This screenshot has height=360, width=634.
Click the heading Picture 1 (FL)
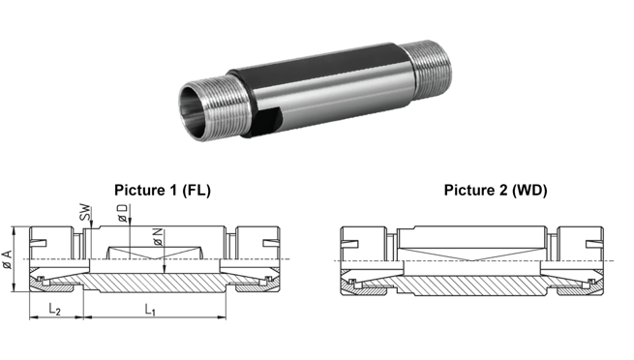coord(163,190)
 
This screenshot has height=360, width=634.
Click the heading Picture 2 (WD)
coord(496,190)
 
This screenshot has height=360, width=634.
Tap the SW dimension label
coord(85,213)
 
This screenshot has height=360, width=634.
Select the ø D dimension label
coord(123,213)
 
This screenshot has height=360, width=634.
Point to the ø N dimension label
coord(158,237)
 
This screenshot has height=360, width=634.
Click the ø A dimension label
coord(7,259)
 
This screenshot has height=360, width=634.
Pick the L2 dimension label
coord(55,310)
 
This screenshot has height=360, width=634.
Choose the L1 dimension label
coord(150,310)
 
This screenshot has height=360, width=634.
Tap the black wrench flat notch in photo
coord(267,121)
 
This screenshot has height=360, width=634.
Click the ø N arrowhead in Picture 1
coord(165,269)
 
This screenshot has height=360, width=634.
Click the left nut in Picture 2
coord(364,261)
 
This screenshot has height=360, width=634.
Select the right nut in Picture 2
coord(580,261)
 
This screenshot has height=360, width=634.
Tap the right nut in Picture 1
coord(257,259)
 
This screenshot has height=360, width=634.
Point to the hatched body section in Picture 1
coord(155,283)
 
